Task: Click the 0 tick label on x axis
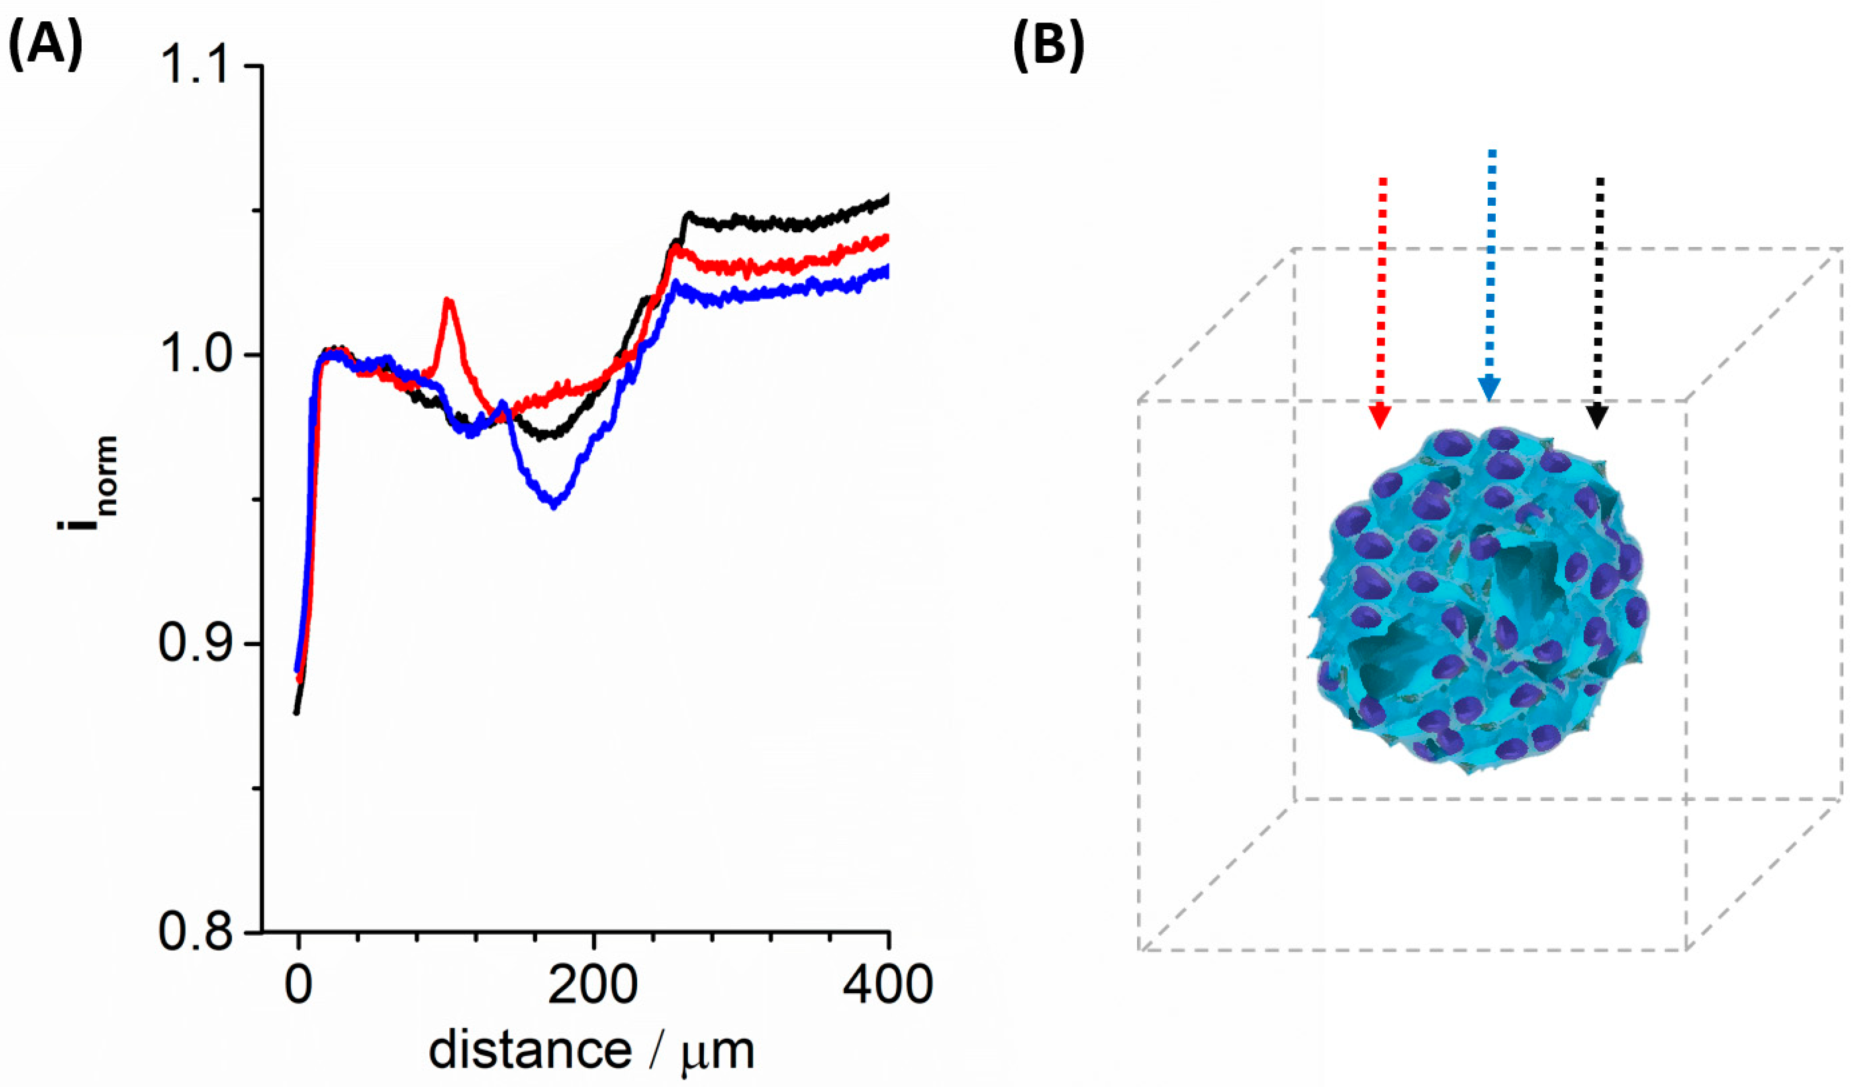(298, 986)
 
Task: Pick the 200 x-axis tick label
(592, 986)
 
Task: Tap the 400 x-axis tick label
(888, 986)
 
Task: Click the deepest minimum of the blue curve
(553, 506)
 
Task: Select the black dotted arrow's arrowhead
(1596, 417)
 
